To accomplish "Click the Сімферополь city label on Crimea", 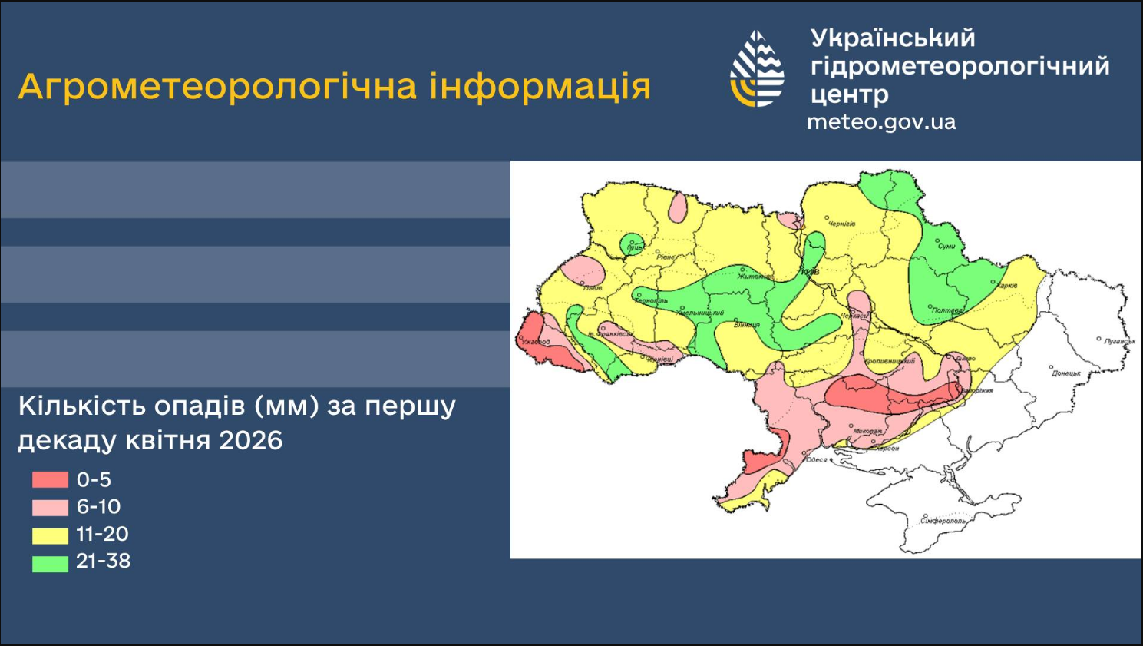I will (945, 521).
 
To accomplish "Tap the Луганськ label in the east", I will (1120, 341).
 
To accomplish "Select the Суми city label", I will (947, 247).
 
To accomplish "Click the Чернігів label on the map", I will (841, 224).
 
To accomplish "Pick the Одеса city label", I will (817, 459).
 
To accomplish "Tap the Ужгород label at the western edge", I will (537, 342).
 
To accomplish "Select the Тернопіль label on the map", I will (652, 301).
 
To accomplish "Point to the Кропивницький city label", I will (890, 360).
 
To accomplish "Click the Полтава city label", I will (948, 310).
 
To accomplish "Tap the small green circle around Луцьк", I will (633, 245).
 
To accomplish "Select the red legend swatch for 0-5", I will (50, 480).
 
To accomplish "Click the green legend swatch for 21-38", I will (50, 562).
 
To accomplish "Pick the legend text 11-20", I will (102, 534).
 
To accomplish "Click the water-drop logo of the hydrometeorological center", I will (757, 69).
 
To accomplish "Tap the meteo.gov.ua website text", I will (881, 122).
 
